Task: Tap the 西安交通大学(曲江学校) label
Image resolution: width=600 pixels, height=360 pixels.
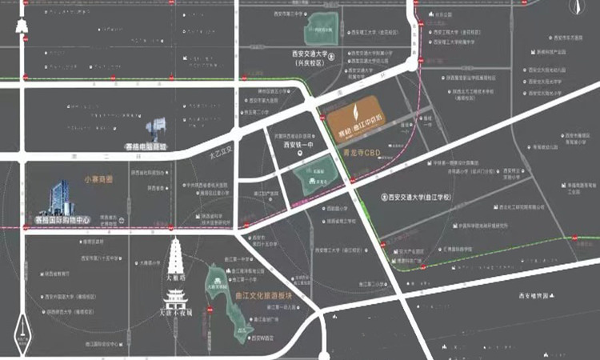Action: [x=419, y=197]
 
